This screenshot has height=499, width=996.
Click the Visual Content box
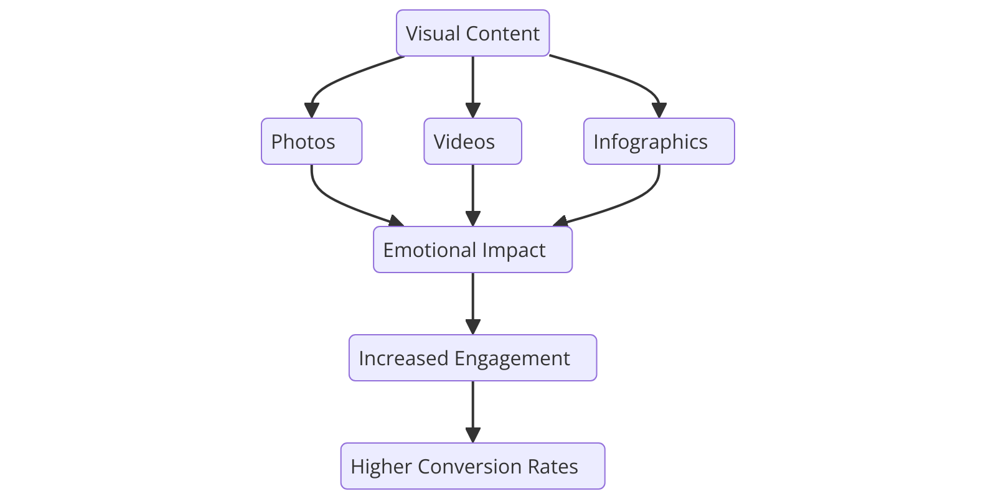[x=472, y=33]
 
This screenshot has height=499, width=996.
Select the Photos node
[x=311, y=141]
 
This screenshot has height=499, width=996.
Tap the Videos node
[x=472, y=141]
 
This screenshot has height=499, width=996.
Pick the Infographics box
[x=659, y=141]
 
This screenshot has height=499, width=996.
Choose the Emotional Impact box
[x=472, y=250]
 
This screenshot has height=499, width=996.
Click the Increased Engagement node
[x=472, y=358]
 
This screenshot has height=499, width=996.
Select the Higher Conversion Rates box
[x=472, y=466]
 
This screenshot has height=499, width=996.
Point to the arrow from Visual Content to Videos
[x=472, y=87]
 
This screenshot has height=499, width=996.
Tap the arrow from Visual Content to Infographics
[x=622, y=77]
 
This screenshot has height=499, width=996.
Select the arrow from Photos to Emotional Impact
[x=336, y=202]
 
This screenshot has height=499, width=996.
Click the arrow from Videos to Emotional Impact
[x=472, y=195]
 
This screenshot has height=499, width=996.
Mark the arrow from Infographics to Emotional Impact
[x=629, y=202]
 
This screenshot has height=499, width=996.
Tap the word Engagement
[x=512, y=358]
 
